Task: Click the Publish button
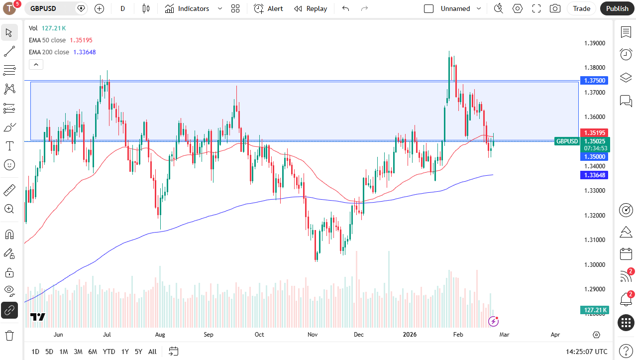617,8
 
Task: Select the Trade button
581,8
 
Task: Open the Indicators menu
193,8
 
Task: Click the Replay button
311,8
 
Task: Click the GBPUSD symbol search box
50,8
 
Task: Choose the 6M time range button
93,352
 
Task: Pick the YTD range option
109,352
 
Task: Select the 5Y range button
138,352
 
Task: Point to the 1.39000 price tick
594,43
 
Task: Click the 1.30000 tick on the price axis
594,264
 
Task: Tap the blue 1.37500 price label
594,81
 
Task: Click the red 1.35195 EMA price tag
594,133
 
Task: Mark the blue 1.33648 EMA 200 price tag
594,175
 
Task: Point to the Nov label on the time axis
313,335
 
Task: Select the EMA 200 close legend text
49,52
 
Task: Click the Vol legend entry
33,28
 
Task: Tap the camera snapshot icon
555,8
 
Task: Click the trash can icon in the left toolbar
9,335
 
